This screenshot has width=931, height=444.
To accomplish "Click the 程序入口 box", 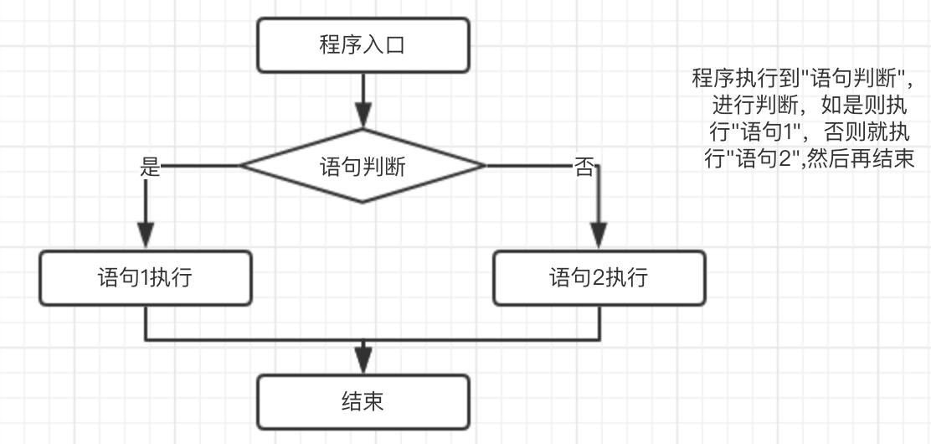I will (363, 45).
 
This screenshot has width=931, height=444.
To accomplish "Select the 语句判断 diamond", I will (363, 166).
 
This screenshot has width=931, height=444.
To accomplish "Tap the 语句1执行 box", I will (146, 277).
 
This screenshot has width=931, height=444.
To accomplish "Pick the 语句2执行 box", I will (599, 277).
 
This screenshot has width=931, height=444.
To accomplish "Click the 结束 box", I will (363, 402).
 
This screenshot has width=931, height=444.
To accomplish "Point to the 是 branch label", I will (149, 167).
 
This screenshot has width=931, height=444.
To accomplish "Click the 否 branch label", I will (584, 167).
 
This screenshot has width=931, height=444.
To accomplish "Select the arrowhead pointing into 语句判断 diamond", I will (363, 115).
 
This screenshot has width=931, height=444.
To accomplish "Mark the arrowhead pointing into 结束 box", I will (363, 359).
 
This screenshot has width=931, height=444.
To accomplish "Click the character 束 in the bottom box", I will (373, 402).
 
